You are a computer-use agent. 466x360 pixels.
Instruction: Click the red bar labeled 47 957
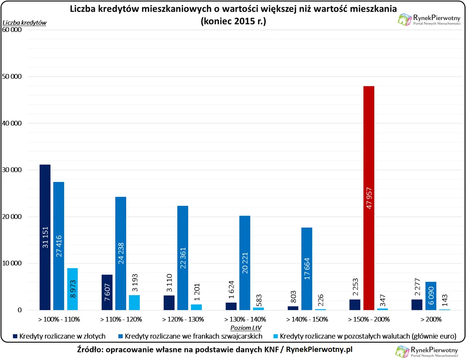(369, 198)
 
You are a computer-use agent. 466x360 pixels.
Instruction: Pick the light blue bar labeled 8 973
(72, 289)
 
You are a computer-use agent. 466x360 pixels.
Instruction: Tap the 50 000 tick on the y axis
(13, 76)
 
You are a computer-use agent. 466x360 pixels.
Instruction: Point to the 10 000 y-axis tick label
(13, 264)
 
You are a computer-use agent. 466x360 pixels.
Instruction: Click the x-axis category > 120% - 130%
(183, 319)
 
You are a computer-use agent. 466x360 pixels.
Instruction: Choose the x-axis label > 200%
(430, 319)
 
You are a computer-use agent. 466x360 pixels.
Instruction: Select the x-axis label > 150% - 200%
(369, 319)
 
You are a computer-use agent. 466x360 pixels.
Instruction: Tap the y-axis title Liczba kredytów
(24, 23)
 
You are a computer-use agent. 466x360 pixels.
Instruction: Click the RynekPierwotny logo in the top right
(429, 19)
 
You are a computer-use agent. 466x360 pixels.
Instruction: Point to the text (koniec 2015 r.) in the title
(233, 21)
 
